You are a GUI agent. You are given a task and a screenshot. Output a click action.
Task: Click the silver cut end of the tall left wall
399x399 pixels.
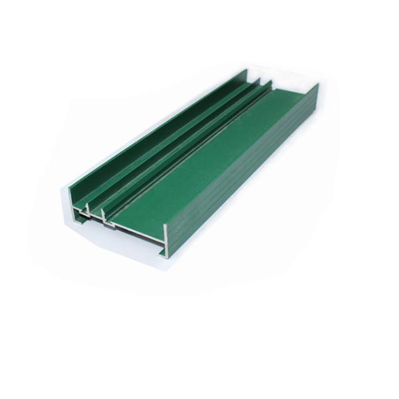[x=72, y=200]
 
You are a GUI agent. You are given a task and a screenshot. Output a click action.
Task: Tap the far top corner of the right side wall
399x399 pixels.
[x=318, y=84]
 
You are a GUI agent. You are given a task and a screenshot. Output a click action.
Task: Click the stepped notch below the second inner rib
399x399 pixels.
[x=106, y=223]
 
